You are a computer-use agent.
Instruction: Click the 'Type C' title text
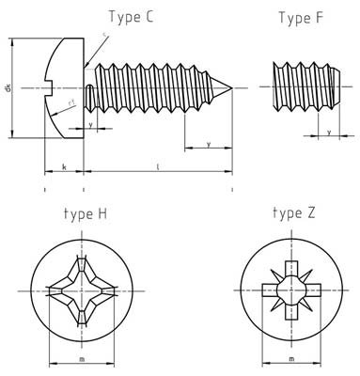click(138, 16)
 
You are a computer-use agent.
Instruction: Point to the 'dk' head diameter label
click(8, 88)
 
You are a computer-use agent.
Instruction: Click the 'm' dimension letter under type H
click(81, 358)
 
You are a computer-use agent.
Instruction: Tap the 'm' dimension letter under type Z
click(291, 358)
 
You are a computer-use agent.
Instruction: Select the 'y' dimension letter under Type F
click(328, 133)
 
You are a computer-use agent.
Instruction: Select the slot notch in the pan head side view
click(52, 88)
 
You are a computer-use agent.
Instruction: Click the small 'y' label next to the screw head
click(90, 123)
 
